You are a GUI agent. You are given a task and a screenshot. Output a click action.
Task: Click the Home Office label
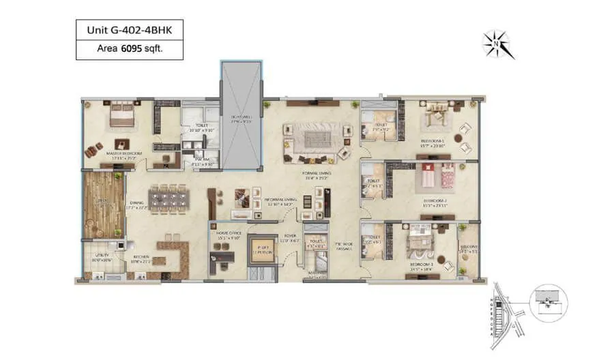click(x=227, y=232)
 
